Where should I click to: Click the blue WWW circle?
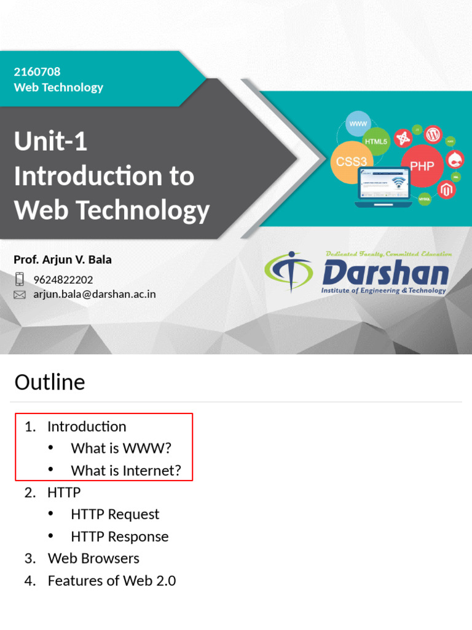coord(358,124)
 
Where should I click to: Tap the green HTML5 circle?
coord(376,142)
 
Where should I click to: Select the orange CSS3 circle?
coord(352,162)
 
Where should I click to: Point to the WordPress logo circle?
coord(433,134)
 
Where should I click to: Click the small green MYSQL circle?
coord(425,199)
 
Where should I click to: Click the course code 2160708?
coord(37,72)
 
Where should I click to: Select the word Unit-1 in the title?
coord(50,142)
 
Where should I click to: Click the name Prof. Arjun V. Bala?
coord(63,260)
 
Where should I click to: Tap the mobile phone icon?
coord(20,279)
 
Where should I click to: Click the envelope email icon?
coord(20,295)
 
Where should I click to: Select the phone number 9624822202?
coord(63,280)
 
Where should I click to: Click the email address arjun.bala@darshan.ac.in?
coord(95,294)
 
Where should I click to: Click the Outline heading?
coord(50,382)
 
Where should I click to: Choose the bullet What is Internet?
coord(126,471)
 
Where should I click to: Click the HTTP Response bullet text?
coord(120,536)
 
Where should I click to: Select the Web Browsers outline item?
coord(93,559)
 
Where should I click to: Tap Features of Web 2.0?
coord(112,581)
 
